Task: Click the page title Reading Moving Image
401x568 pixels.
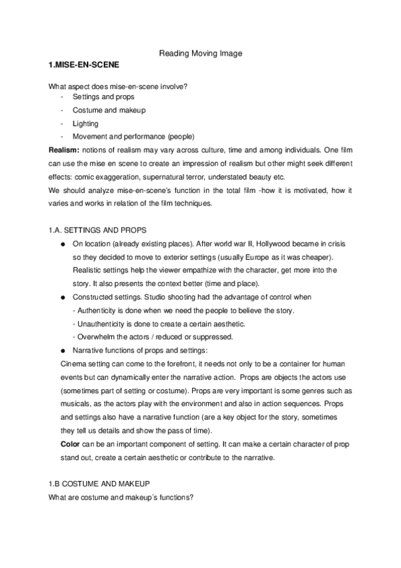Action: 199,53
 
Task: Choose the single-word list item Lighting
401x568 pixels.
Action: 85,123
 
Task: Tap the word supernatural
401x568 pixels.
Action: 174,177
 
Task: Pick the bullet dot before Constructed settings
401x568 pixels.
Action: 62,297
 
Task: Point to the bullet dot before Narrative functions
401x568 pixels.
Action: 62,350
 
